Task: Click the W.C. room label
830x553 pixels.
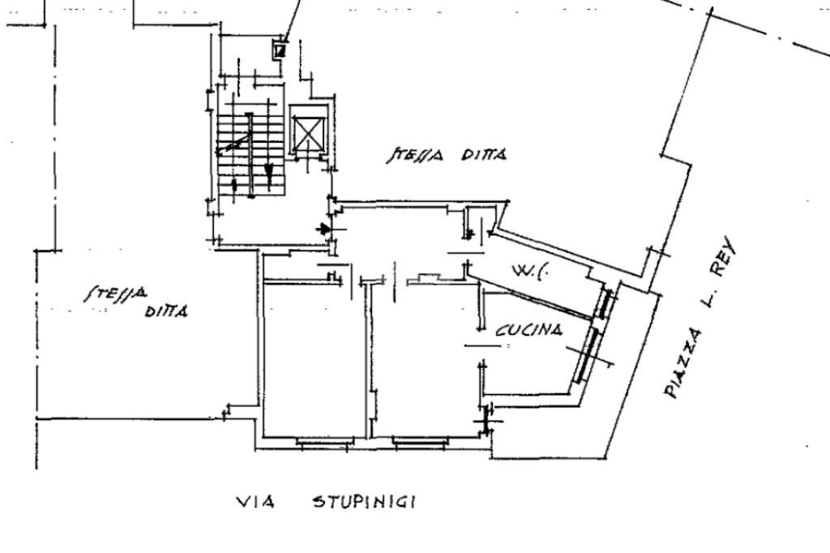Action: pos(531,271)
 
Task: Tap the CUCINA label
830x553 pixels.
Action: pos(529,329)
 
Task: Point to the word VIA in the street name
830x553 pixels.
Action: pos(254,502)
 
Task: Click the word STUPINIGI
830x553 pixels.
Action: pos(365,502)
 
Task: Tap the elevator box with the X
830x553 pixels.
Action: pos(307,134)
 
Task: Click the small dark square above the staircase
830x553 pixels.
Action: pos(280,50)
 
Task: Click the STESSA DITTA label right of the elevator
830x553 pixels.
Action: pos(447,155)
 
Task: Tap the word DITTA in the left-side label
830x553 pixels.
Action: pos(166,311)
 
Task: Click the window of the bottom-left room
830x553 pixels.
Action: pos(324,442)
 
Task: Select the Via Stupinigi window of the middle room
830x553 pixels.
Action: pos(420,442)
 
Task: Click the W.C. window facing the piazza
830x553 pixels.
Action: pos(604,304)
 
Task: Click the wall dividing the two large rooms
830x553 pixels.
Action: pos(367,357)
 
